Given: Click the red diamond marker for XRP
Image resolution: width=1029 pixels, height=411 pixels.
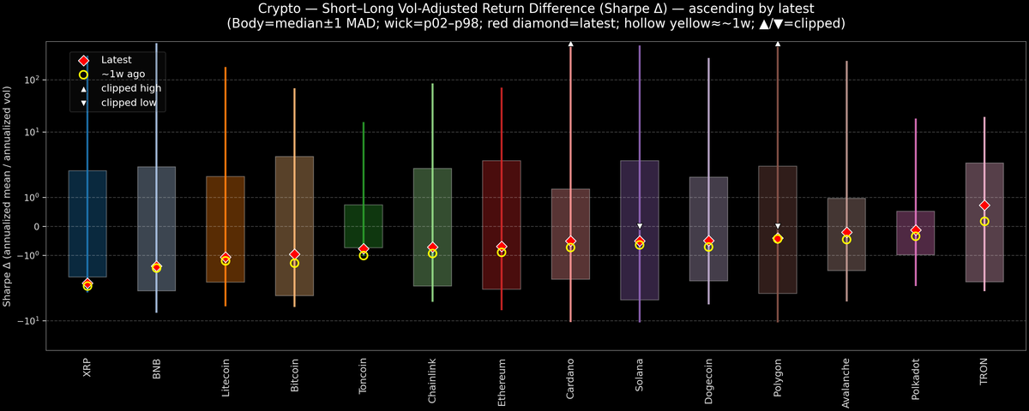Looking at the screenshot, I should (87, 283).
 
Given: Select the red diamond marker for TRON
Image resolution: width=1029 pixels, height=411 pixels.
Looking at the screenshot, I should (984, 205).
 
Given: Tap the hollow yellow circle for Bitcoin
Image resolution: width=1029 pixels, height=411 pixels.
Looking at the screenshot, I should (294, 263).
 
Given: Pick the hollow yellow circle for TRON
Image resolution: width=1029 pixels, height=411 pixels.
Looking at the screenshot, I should (984, 221).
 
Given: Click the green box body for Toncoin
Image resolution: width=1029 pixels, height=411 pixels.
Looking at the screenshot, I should (364, 226).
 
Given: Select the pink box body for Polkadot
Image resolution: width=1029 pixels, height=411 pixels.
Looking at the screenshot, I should (915, 233).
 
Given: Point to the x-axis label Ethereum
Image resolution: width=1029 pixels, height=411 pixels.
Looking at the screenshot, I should (502, 381).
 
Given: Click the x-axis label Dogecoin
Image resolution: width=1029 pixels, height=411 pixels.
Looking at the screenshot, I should (708, 381).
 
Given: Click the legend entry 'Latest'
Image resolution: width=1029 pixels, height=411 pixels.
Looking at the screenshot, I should (115, 60).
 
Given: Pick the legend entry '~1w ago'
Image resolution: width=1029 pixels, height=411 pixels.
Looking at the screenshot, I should (123, 74).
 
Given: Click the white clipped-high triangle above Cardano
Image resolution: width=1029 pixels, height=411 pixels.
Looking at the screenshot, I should (570, 43).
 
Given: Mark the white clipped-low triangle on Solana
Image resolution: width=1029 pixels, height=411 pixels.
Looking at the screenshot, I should (640, 226).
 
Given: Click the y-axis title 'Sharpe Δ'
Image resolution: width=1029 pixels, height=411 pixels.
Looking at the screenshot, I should (8, 197).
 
